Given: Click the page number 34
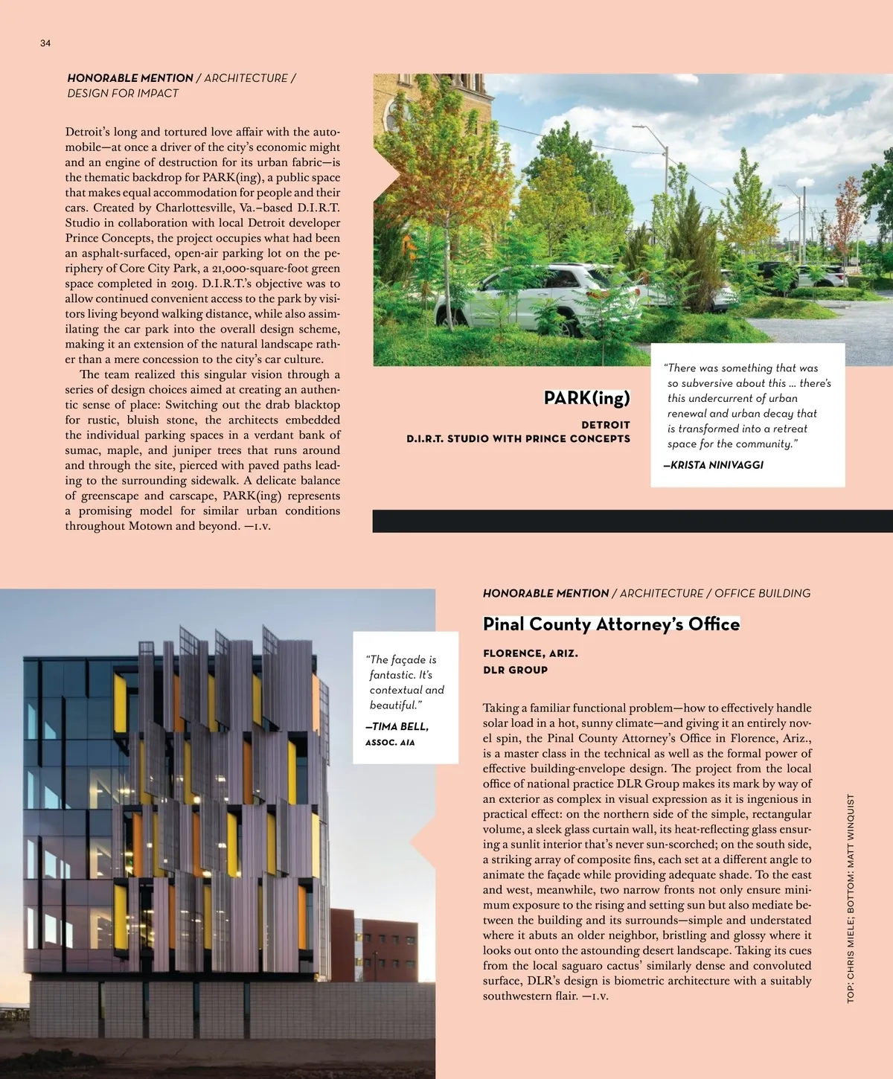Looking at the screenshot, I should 45,43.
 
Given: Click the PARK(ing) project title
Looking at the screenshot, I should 586,398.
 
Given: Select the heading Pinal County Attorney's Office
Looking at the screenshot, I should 611,624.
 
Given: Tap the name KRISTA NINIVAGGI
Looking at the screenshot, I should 717,465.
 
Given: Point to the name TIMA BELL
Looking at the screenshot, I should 398,726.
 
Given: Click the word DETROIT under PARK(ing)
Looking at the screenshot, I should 606,425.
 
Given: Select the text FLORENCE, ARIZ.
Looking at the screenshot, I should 530,653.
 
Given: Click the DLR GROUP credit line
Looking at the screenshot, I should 515,670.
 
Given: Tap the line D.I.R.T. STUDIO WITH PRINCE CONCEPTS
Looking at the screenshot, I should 518,439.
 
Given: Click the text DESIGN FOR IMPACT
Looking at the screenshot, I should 123,94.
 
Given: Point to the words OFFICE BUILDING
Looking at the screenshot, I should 762,594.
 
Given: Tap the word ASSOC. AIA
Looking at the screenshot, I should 390,743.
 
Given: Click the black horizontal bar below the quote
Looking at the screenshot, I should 633,521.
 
